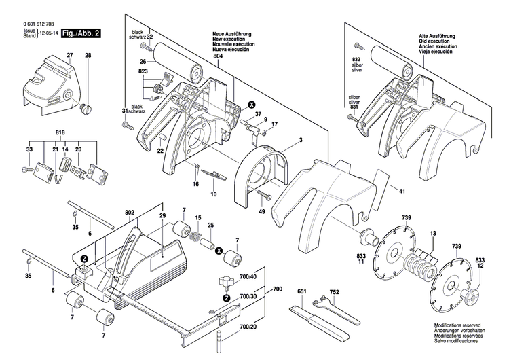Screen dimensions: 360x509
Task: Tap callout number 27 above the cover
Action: point(69,54)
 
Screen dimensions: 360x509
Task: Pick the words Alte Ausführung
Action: point(442,35)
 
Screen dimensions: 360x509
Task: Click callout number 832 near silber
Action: point(356,60)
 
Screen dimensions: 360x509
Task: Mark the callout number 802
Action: point(129,213)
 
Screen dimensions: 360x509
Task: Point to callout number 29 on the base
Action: point(162,215)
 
